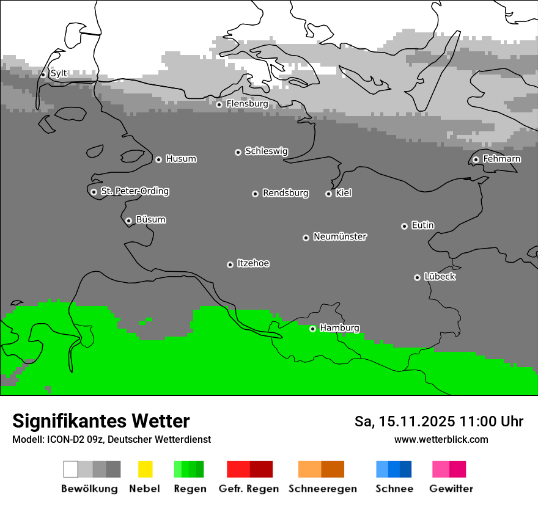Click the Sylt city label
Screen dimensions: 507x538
pyautogui.click(x=59, y=73)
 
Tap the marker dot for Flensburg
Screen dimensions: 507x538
pyautogui.click(x=219, y=104)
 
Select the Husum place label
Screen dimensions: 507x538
pyautogui.click(x=181, y=159)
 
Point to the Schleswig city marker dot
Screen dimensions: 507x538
pyautogui.click(x=238, y=152)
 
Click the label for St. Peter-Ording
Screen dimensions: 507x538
pyautogui.click(x=134, y=191)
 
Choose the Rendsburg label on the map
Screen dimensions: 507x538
pyautogui.click(x=286, y=193)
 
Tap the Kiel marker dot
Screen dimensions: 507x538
pyautogui.click(x=328, y=194)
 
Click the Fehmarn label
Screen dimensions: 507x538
pyautogui.click(x=502, y=159)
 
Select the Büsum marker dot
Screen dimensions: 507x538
pyautogui.click(x=128, y=221)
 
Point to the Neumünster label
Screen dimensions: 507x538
pyautogui.click(x=340, y=236)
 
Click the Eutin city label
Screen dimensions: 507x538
pyautogui.click(x=423, y=225)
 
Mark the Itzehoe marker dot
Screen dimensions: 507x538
pyautogui.click(x=230, y=264)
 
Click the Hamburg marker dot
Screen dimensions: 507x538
pyautogui.click(x=312, y=329)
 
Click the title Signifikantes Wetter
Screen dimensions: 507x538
pyautogui.click(x=101, y=421)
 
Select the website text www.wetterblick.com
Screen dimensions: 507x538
pyautogui.click(x=441, y=439)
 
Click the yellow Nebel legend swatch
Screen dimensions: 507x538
pyautogui.click(x=145, y=469)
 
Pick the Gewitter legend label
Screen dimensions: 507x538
pyautogui.click(x=451, y=489)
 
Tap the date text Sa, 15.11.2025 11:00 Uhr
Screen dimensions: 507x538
pyautogui.click(x=439, y=421)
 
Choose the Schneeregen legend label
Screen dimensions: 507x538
pyautogui.click(x=323, y=489)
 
